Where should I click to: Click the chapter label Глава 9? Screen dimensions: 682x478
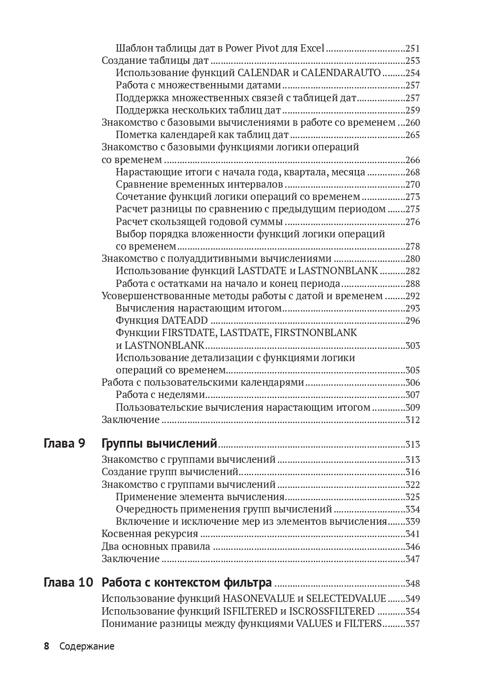(x=64, y=444)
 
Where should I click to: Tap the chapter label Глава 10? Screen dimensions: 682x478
(x=68, y=583)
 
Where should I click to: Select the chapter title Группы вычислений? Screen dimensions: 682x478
(x=159, y=444)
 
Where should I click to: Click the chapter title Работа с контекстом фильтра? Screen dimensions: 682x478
(x=186, y=583)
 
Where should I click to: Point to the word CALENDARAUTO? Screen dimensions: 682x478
(x=341, y=73)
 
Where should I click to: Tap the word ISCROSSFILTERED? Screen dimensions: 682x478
(x=332, y=611)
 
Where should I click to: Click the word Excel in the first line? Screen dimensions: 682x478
(x=312, y=48)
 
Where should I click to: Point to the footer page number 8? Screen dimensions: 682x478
(x=47, y=646)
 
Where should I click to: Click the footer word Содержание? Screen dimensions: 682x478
(x=87, y=646)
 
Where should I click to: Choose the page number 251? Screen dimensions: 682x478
(x=413, y=48)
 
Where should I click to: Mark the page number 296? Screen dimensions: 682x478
(x=413, y=321)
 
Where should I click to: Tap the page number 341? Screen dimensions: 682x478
(x=413, y=534)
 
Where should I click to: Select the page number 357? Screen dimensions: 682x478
(x=413, y=624)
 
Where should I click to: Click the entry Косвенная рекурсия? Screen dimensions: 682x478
(x=150, y=534)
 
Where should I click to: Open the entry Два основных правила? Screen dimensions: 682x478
(x=156, y=546)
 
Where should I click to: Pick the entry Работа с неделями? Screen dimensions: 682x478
(x=160, y=395)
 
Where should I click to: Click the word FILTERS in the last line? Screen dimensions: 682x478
(x=364, y=624)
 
